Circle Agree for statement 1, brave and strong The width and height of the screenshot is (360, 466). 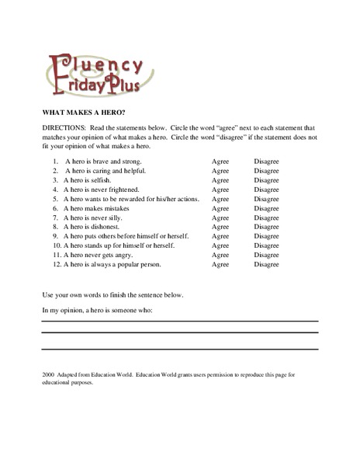pyautogui.click(x=220, y=161)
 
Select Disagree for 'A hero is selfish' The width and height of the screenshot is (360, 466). pyautogui.click(x=266, y=179)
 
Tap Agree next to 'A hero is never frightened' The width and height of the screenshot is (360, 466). pyautogui.click(x=220, y=189)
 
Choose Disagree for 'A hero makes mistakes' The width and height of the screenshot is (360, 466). pyautogui.click(x=266, y=208)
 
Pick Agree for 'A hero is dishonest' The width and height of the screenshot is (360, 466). pyautogui.click(x=220, y=227)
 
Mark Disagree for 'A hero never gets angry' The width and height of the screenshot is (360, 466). pyautogui.click(x=266, y=255)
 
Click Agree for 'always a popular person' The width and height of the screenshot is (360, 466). pyautogui.click(x=220, y=264)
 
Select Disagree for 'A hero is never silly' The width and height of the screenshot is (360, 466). pyautogui.click(x=266, y=217)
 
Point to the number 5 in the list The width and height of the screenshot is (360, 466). pyautogui.click(x=56, y=199)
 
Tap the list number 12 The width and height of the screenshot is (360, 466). pyautogui.click(x=56, y=264)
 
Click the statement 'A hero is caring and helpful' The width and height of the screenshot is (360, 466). pyautogui.click(x=105, y=170)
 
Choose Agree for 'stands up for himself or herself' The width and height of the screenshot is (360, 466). pyautogui.click(x=220, y=245)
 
